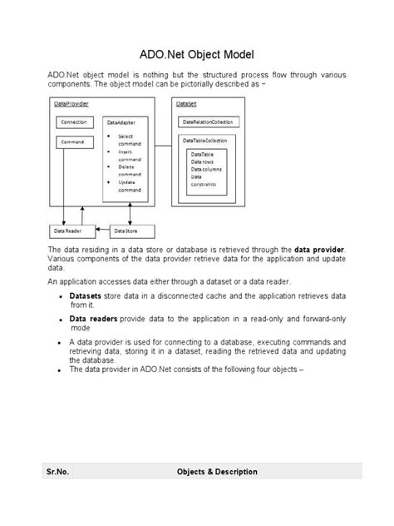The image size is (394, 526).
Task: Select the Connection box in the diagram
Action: pyautogui.click(x=72, y=122)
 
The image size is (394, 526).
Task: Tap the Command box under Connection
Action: pyautogui.click(x=72, y=142)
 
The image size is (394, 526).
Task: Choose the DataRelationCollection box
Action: pyautogui.click(x=208, y=122)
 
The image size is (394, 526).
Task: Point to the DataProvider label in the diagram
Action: pyautogui.click(x=71, y=104)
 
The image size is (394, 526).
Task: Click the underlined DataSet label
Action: pyautogui.click(x=185, y=104)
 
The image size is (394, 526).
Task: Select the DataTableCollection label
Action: pyautogui.click(x=206, y=141)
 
